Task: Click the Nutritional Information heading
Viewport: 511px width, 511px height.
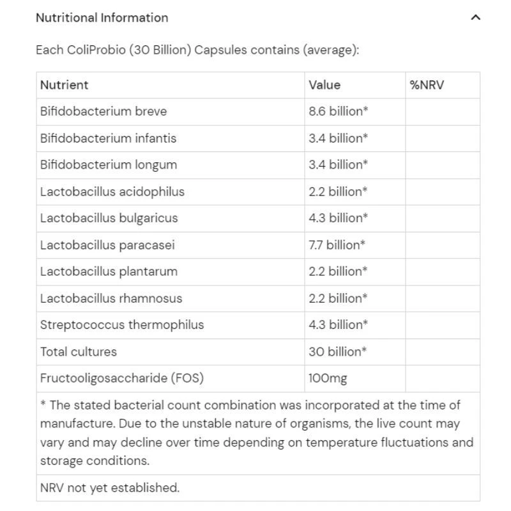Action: pos(102,18)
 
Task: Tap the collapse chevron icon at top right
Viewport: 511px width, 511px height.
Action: pos(475,18)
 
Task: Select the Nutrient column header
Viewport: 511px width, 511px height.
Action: pos(65,85)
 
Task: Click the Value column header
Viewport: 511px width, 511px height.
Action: pos(324,85)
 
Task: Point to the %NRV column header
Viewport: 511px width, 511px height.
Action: pos(427,85)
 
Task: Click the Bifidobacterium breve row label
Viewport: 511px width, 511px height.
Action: pos(103,111)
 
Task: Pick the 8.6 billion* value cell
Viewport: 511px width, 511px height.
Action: pos(338,111)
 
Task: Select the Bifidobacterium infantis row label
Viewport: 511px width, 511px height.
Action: pos(108,138)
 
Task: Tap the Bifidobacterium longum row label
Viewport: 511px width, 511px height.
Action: pos(109,165)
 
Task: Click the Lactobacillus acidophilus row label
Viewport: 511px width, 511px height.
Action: pos(112,192)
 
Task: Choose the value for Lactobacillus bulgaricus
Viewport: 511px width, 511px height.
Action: pos(338,218)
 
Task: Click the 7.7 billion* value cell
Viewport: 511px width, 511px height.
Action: pos(337,245)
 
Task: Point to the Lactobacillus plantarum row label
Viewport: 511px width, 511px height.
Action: pos(109,271)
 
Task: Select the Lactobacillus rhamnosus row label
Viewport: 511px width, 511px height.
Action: pos(111,298)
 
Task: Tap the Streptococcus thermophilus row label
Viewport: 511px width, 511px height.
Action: pos(122,324)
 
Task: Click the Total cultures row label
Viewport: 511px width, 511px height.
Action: pos(79,351)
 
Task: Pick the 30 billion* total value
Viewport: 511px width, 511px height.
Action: pos(338,351)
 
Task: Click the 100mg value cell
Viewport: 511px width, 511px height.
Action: pos(328,378)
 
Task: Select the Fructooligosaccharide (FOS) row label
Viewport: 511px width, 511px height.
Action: pos(122,378)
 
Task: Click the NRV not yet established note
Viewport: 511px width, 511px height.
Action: pos(110,488)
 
